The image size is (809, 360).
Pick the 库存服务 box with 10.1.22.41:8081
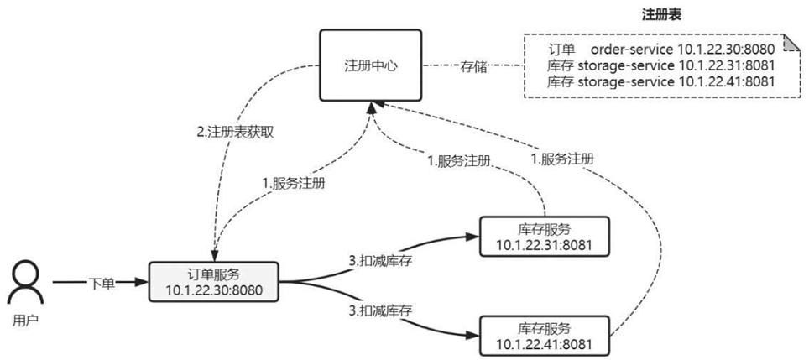tap(543, 335)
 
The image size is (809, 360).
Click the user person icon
tap(26, 283)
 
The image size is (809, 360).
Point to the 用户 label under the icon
tap(26, 321)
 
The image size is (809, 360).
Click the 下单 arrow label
tap(101, 283)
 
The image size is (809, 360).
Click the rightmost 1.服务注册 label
tap(562, 158)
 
